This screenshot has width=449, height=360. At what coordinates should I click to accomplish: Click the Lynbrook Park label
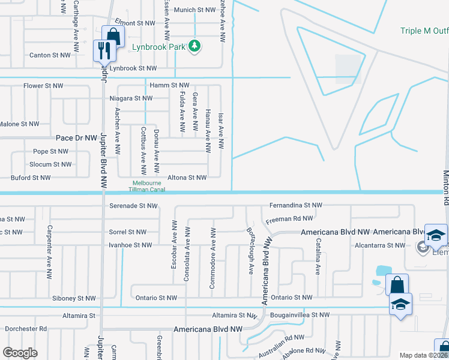tap(161, 46)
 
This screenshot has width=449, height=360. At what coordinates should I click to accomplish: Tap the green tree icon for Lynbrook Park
tap(194, 46)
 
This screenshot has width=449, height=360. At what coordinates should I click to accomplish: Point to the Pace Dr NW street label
tap(76, 138)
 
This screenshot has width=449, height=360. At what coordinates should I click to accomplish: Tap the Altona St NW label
tap(187, 178)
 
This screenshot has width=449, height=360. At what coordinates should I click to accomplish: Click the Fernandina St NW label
tap(296, 205)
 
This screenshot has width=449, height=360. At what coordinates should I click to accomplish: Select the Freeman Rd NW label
tap(289, 220)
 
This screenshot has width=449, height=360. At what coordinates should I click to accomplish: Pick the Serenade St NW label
tap(133, 206)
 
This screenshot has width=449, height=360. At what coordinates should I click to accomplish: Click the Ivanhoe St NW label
tap(130, 245)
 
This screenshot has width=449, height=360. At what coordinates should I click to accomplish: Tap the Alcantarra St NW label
tap(379, 245)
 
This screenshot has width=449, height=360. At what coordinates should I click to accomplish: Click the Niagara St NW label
tap(131, 98)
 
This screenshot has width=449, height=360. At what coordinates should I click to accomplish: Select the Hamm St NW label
tap(170, 86)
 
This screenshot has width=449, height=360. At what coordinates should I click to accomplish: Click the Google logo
tap(20, 353)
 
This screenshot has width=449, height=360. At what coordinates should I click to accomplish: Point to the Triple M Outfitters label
tap(424, 31)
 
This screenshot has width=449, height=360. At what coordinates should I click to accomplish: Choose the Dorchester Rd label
tap(26, 329)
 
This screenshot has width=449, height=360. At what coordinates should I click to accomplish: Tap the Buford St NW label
tap(31, 178)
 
